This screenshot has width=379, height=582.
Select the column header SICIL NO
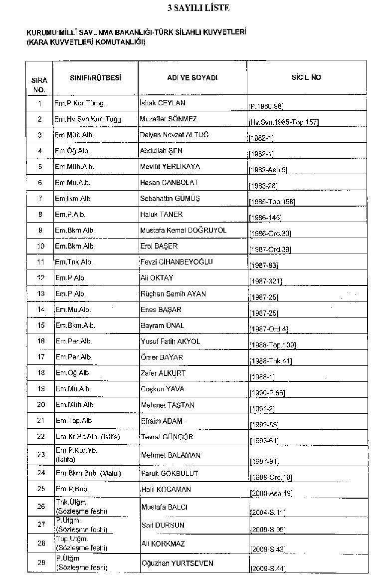tap(306, 78)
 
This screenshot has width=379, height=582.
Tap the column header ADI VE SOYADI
tap(192, 78)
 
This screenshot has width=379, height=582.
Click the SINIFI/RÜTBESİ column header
tap(96, 78)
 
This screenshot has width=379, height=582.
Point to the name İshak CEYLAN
tap(163, 103)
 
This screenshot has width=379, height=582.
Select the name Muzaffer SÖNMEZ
tap(169, 119)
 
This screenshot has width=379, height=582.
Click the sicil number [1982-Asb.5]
tap(268, 170)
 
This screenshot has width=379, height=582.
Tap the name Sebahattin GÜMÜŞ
tap(170, 199)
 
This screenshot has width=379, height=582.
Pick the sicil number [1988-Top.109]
tap(272, 345)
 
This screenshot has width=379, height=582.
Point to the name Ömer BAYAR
tap(162, 357)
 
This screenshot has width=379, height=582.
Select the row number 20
tap(41, 405)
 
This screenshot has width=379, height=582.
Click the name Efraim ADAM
tap(161, 421)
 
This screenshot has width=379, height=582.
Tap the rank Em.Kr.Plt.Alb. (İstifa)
tap(88, 437)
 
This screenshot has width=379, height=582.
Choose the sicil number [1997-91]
tap(264, 461)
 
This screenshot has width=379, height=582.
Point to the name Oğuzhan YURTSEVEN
tap(177, 564)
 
